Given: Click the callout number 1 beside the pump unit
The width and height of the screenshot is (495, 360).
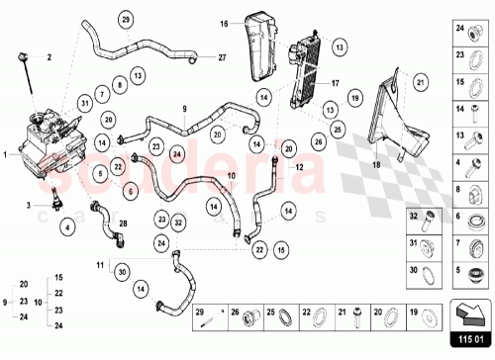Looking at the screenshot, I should point(5,154).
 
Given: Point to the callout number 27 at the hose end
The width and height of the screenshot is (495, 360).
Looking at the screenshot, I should point(222,58).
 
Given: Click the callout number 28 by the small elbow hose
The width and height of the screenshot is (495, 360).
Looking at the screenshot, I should point(122,225).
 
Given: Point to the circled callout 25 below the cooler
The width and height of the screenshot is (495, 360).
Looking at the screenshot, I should point(338,130).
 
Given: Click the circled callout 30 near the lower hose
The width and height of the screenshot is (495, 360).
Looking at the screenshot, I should point(123,272).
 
